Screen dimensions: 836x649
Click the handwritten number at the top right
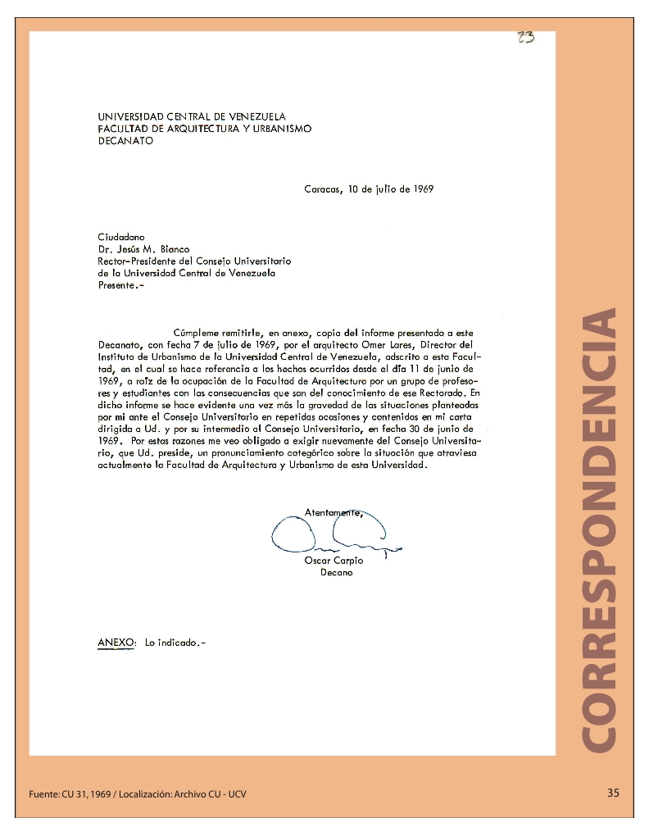point(526,37)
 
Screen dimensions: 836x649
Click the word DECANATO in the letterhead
point(125,140)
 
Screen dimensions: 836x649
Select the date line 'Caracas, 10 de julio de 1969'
point(369,189)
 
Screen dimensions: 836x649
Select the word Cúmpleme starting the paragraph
point(195,333)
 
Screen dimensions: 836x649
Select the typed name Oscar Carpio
point(334,561)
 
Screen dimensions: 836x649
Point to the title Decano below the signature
point(336,573)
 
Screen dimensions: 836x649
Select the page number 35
point(614,793)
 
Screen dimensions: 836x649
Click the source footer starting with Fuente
point(138,794)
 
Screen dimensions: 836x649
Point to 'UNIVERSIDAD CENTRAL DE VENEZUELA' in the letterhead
point(192,117)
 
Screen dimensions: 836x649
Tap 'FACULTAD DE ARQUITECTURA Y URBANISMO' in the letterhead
point(205,129)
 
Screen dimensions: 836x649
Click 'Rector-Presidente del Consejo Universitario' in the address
point(194,261)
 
